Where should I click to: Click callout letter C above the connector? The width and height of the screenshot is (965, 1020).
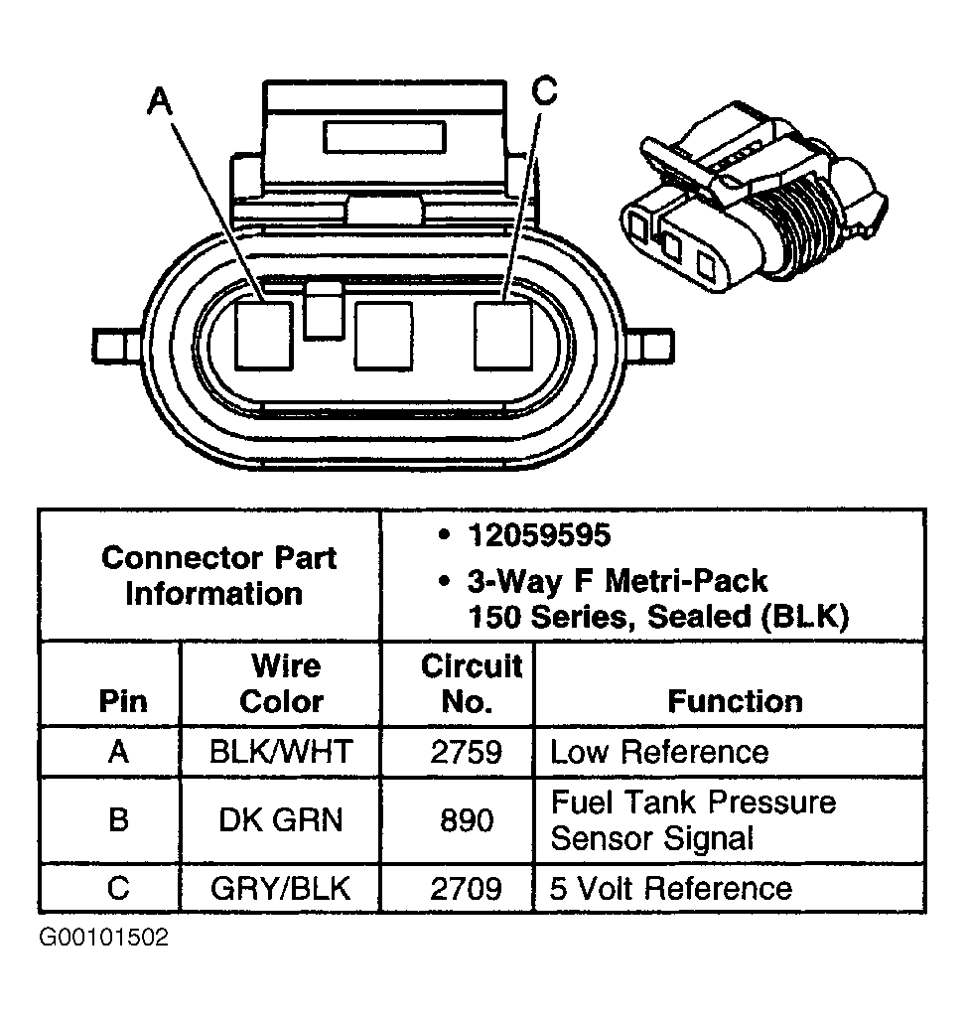(x=543, y=91)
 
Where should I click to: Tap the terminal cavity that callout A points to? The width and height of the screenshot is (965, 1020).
(x=263, y=336)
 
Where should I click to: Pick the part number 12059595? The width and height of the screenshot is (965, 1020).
(x=538, y=535)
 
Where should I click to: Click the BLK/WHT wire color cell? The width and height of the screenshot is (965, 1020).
(x=280, y=751)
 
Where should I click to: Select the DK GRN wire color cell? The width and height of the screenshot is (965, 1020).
(x=280, y=820)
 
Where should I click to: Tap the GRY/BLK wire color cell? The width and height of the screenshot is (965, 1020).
(x=280, y=887)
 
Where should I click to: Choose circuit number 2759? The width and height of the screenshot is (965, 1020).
(x=466, y=751)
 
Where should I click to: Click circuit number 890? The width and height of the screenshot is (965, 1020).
(x=466, y=820)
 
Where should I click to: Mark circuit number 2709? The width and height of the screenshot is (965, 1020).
(x=466, y=887)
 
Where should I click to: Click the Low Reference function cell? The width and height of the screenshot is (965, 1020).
(x=659, y=751)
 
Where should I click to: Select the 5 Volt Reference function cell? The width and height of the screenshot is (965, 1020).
(x=671, y=887)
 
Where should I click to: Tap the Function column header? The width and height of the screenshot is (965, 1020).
(x=735, y=701)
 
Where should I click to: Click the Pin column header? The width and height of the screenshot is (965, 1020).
(x=122, y=701)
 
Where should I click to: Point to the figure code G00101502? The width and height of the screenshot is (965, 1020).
(x=103, y=938)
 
